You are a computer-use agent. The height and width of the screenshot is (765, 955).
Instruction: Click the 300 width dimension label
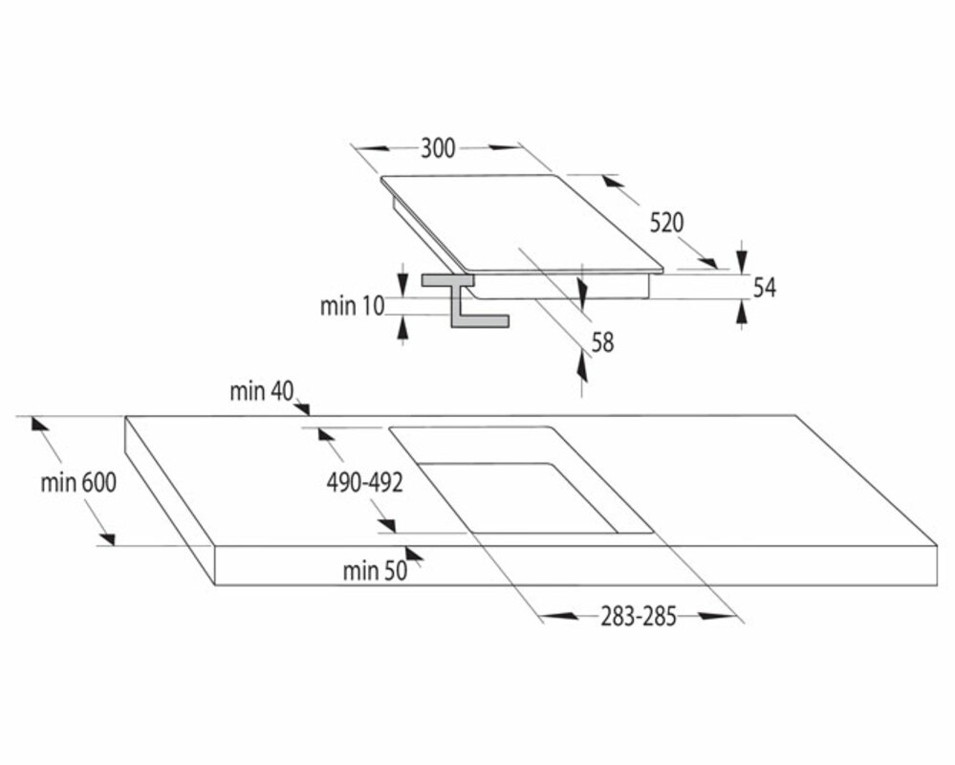(x=438, y=147)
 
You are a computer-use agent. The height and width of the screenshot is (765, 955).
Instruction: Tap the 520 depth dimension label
(x=666, y=223)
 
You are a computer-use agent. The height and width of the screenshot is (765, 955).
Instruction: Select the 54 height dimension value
(x=764, y=287)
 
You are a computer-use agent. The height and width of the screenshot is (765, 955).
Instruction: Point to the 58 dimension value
(x=602, y=342)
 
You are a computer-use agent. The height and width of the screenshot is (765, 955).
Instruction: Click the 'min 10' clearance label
(x=352, y=306)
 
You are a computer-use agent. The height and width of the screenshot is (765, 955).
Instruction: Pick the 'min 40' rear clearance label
(x=261, y=391)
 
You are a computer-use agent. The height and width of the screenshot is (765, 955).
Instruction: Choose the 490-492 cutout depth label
(x=364, y=484)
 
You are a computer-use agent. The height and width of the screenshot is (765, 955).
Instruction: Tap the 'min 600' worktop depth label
(x=78, y=483)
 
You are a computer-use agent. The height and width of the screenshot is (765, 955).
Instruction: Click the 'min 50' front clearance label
(x=375, y=572)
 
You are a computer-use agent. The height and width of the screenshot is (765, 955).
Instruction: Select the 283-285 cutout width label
(x=639, y=617)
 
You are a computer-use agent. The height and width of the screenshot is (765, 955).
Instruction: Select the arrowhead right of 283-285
(x=712, y=617)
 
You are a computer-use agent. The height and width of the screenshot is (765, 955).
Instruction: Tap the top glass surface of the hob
(x=521, y=222)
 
